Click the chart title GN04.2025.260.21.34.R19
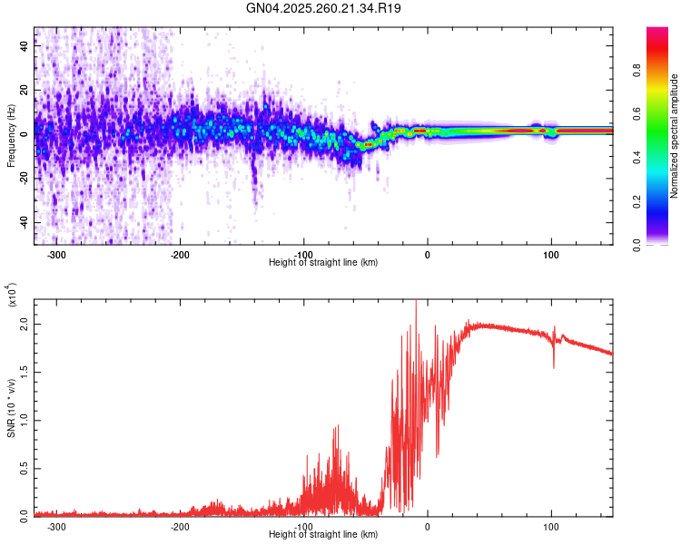(x=323, y=9)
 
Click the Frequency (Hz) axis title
(x=11, y=135)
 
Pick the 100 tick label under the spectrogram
(x=550, y=254)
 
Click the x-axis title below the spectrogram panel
(x=323, y=262)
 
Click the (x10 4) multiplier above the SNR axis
(x=13, y=295)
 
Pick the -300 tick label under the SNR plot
(x=56, y=526)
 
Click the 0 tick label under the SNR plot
(x=428, y=526)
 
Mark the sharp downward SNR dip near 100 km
(x=554, y=365)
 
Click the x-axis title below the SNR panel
(x=323, y=534)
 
